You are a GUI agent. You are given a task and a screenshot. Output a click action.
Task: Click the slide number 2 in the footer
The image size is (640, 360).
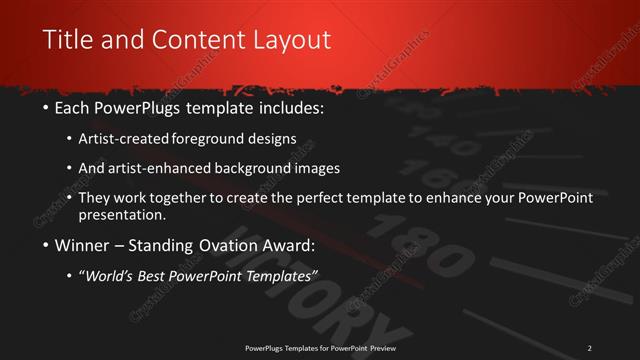tap(590, 347)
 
